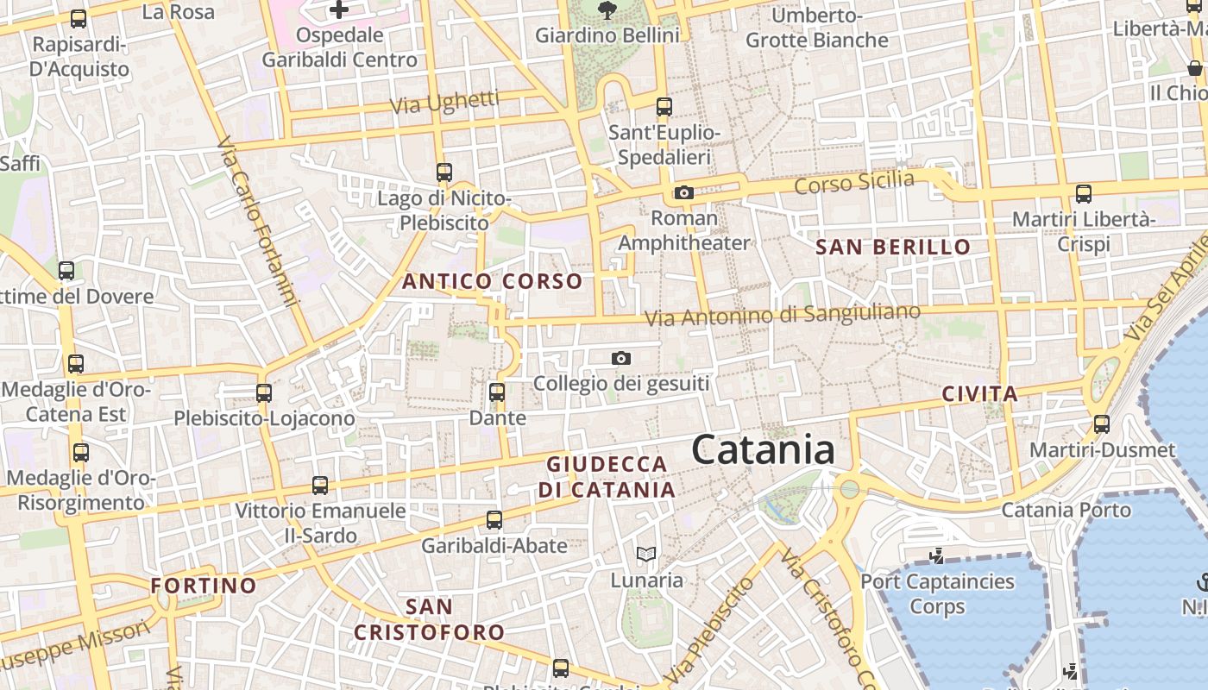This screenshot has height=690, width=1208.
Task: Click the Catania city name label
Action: coord(763,449)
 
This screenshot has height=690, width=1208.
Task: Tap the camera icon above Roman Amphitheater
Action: coord(684,192)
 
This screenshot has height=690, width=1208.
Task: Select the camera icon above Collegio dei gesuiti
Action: coord(620,358)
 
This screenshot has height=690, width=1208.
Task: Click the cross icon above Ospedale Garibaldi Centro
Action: coord(339,10)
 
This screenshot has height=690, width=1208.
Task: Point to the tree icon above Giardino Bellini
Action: coord(607,10)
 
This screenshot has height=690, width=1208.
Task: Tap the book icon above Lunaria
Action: coord(646,554)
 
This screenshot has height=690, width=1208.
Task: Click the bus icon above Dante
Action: coord(497,392)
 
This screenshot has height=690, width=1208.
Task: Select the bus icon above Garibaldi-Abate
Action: coord(494,520)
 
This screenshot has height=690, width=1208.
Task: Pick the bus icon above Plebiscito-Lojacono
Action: coord(264,393)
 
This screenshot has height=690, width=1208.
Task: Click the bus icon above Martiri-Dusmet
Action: coord(1102,424)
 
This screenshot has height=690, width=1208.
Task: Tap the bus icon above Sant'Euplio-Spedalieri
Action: coord(664,107)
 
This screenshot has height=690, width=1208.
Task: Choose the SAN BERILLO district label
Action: coord(893,248)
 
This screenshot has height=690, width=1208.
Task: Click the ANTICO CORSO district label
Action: coord(492,281)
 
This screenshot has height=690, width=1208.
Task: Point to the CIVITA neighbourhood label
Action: coord(979,395)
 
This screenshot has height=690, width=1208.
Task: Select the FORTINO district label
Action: coord(204,586)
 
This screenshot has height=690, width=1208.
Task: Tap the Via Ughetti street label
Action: coord(444,103)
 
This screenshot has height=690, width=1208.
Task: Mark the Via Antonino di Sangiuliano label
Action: coord(783,315)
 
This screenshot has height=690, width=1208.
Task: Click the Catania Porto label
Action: coord(1066,510)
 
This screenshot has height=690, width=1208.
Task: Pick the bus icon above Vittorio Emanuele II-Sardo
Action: coord(320,486)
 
